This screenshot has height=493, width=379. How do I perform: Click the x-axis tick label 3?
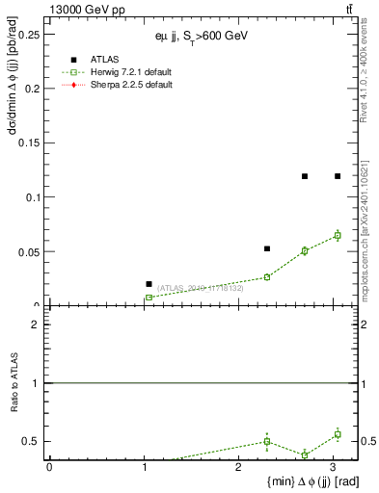(x=334, y=468)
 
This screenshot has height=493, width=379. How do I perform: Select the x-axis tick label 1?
(x=144, y=468)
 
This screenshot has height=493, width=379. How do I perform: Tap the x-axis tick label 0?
(x=49, y=468)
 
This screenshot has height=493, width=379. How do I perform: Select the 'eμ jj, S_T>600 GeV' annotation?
(x=202, y=37)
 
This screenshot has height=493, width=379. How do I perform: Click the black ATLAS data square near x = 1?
(x=149, y=284)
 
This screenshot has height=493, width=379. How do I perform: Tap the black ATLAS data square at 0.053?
(x=267, y=248)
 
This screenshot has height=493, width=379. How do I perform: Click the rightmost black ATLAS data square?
(x=338, y=176)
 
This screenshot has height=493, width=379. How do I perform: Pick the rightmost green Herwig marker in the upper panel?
(x=338, y=235)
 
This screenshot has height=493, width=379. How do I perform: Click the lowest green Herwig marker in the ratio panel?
(x=305, y=454)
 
